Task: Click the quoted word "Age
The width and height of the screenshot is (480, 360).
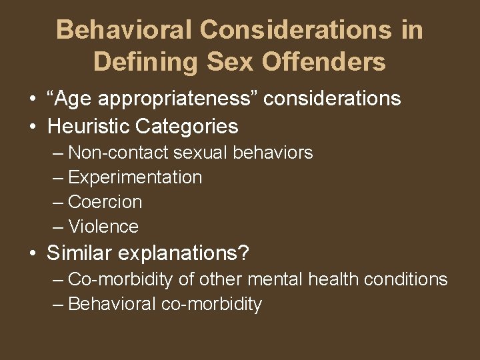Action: (x=69, y=99)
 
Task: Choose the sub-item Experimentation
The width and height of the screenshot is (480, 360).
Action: (x=135, y=177)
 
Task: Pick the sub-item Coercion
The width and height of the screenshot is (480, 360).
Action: (x=105, y=202)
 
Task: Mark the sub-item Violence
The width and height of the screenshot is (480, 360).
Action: (x=103, y=227)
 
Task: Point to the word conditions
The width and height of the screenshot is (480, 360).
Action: (x=414, y=279)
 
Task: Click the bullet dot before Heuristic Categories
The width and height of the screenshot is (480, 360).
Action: (x=32, y=127)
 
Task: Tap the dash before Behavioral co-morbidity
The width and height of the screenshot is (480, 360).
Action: (x=58, y=305)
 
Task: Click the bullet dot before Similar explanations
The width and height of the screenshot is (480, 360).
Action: (x=32, y=254)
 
